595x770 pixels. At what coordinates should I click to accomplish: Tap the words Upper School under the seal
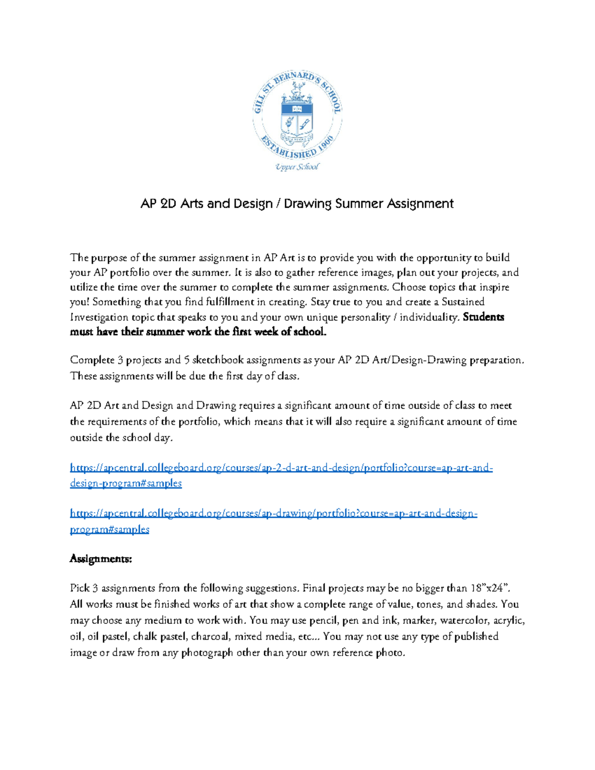pyautogui.click(x=297, y=167)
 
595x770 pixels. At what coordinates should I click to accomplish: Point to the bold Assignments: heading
pyautogui.click(x=101, y=559)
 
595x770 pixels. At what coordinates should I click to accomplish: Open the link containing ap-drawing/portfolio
pyautogui.click(x=273, y=514)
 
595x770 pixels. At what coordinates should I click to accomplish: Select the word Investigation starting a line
pyautogui.click(x=99, y=317)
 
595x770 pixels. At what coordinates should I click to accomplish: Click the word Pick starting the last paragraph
pyautogui.click(x=79, y=589)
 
